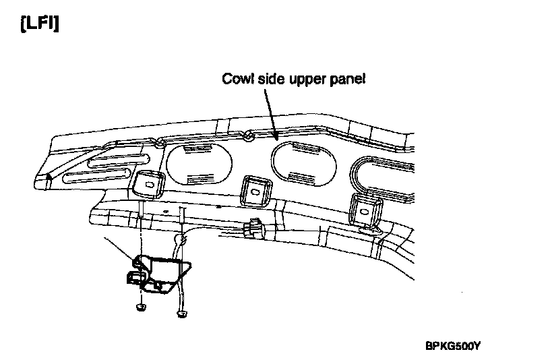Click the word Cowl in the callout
pos(236,80)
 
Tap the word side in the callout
pos(268,80)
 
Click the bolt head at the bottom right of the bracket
pos(181,313)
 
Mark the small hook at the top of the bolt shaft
pos(181,239)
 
